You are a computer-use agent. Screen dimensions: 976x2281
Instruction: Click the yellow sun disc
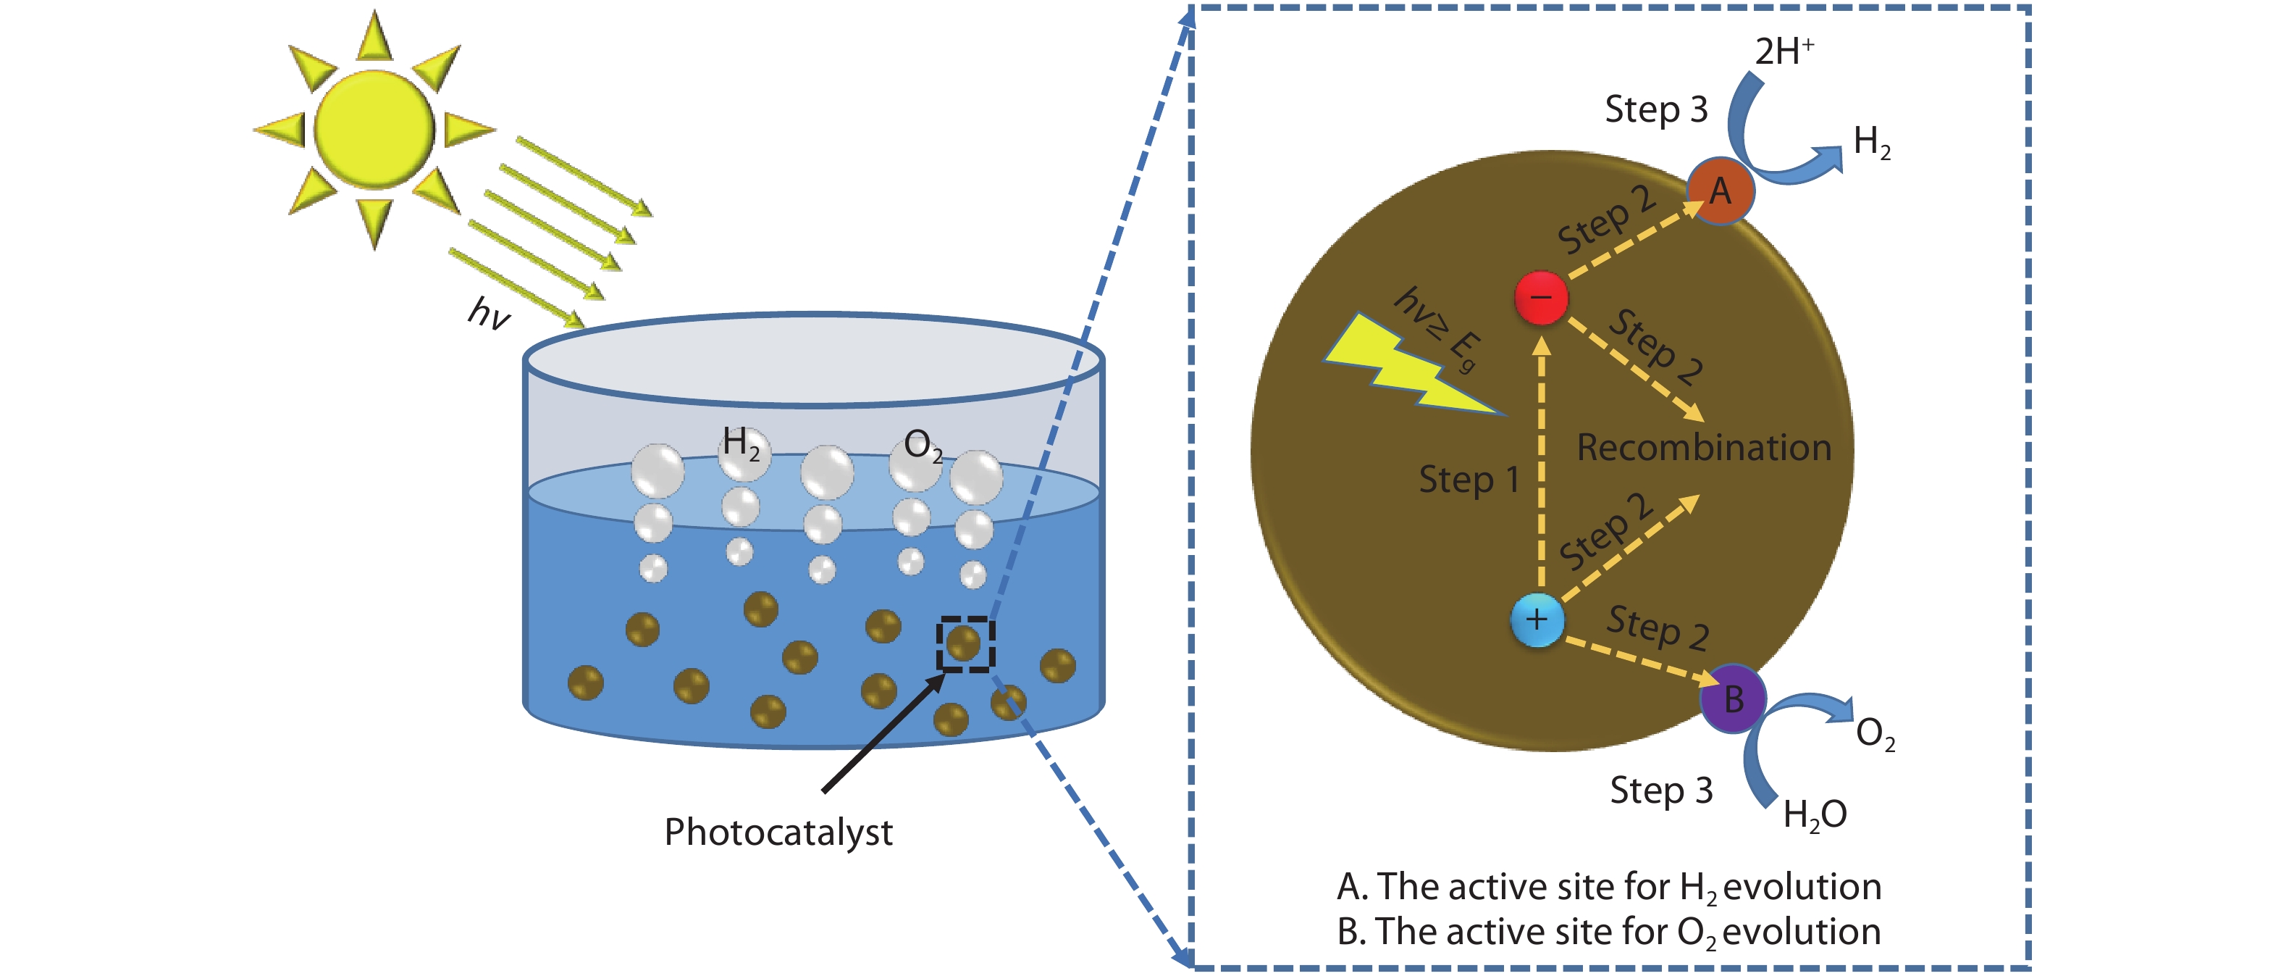(374, 129)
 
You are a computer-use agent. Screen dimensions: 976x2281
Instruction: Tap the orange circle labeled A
(1720, 191)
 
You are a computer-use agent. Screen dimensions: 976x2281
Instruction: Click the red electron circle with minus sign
(1541, 298)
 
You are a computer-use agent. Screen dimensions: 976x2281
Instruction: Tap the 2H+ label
(1784, 51)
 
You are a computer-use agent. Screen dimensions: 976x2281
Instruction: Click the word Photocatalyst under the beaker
(778, 833)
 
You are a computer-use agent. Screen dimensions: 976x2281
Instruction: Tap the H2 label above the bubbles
(740, 443)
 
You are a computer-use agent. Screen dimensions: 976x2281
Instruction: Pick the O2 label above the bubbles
(922, 446)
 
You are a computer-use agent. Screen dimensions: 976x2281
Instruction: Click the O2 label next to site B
(1875, 734)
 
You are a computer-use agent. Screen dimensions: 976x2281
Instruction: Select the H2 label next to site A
(1872, 142)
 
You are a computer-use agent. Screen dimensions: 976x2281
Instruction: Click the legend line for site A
(1609, 888)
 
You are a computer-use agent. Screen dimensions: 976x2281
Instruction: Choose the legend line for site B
(1609, 933)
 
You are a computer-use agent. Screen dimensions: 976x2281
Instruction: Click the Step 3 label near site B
(1661, 790)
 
